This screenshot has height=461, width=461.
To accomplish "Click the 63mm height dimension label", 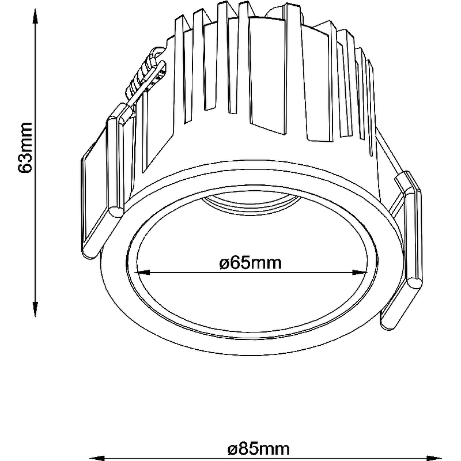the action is pos(25,148).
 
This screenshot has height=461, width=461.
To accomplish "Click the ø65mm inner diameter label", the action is pos(251,263).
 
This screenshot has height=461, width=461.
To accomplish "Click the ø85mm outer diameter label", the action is pos(259,449).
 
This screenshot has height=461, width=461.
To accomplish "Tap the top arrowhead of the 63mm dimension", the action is pos(35,16).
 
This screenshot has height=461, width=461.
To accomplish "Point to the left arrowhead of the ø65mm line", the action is pos(142,273).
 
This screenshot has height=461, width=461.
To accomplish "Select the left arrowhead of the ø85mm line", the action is pos(97,458).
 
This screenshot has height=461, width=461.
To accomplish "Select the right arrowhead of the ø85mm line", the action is pos(434,458).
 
